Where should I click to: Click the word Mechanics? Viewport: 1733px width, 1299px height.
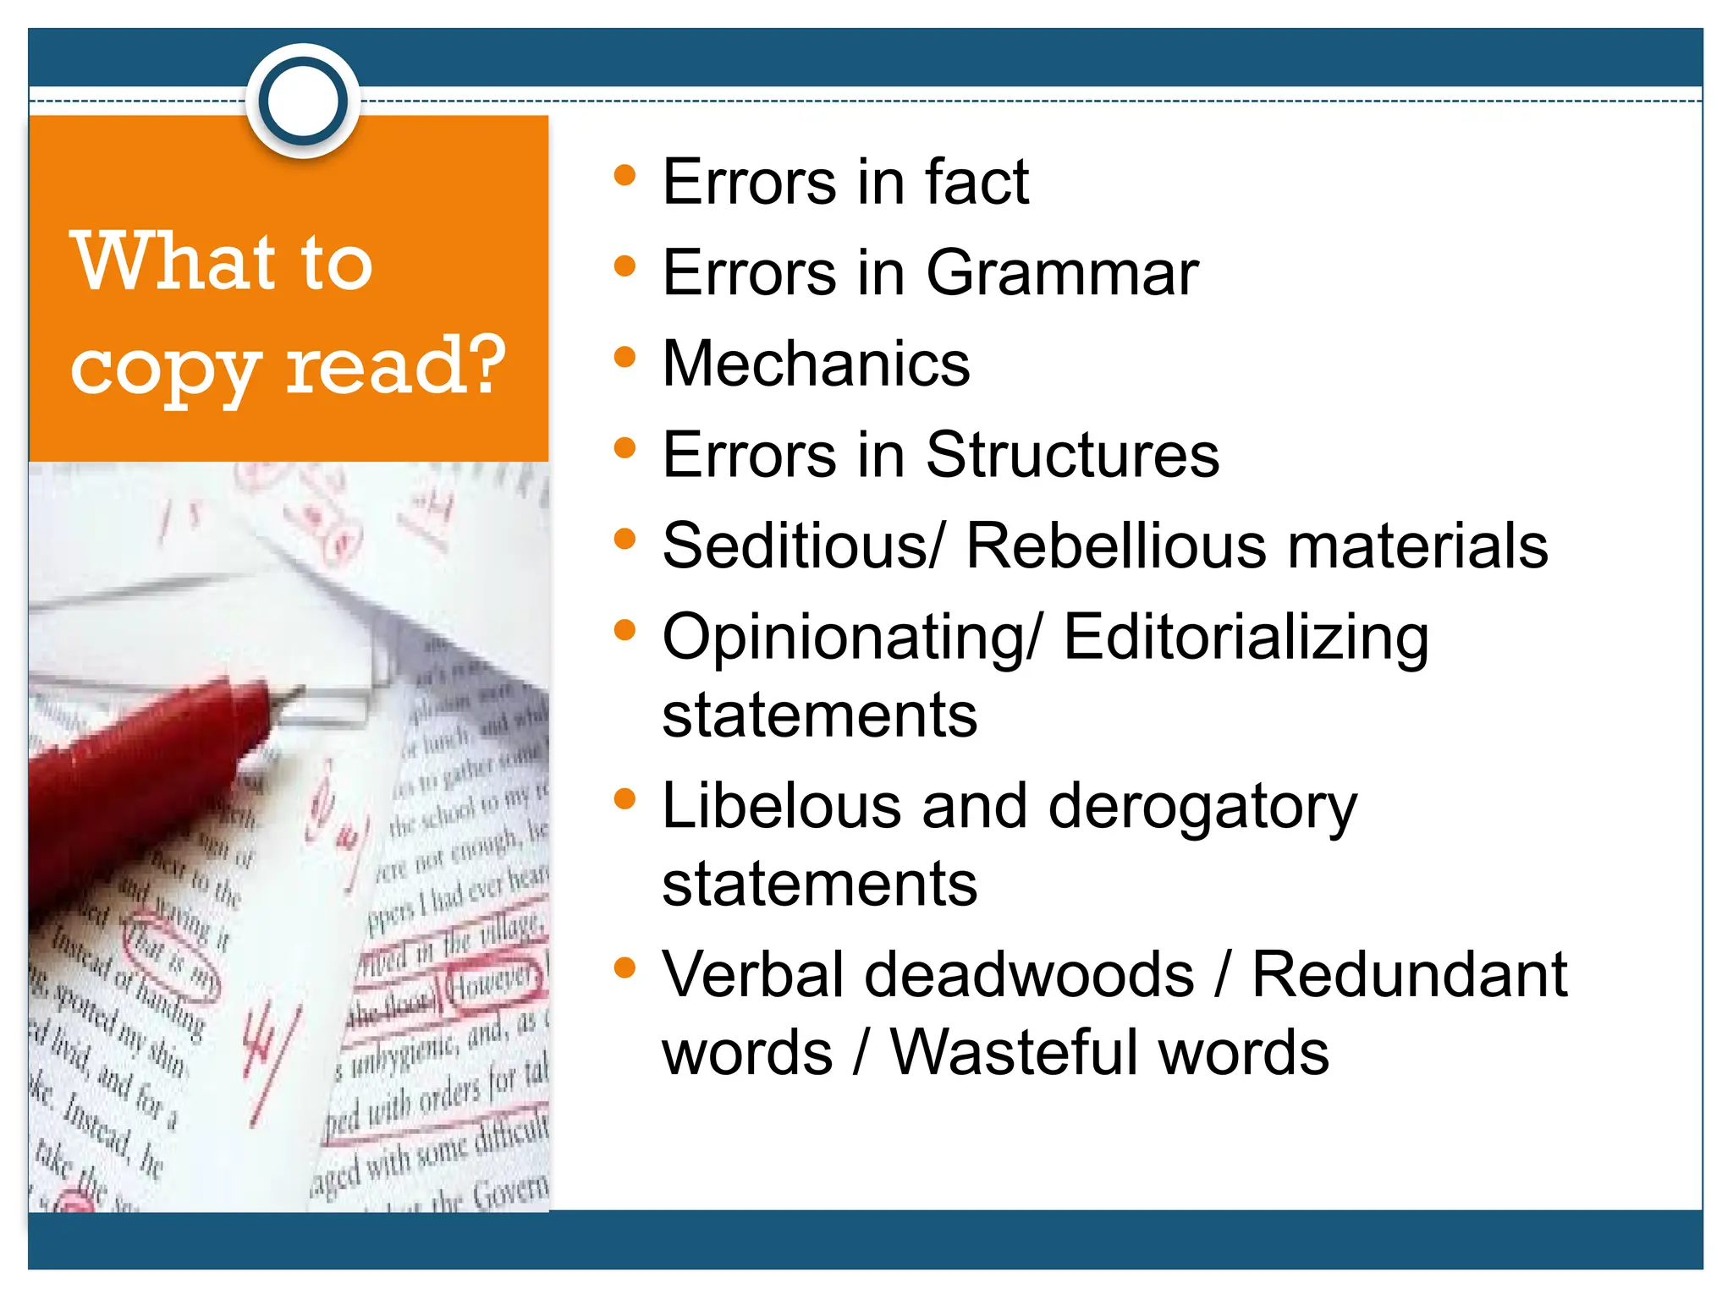816,364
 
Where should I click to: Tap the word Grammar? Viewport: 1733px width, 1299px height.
1062,273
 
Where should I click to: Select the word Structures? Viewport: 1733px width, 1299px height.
1072,455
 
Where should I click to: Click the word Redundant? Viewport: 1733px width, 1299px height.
1409,974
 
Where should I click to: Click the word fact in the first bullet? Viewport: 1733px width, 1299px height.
977,182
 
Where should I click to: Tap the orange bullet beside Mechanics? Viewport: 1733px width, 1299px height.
624,357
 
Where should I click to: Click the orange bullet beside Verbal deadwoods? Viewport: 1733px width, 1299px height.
624,967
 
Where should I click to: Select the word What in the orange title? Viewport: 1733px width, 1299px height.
174,262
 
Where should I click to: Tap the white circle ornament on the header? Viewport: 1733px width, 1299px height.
303,101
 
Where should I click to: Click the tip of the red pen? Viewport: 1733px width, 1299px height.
296,693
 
